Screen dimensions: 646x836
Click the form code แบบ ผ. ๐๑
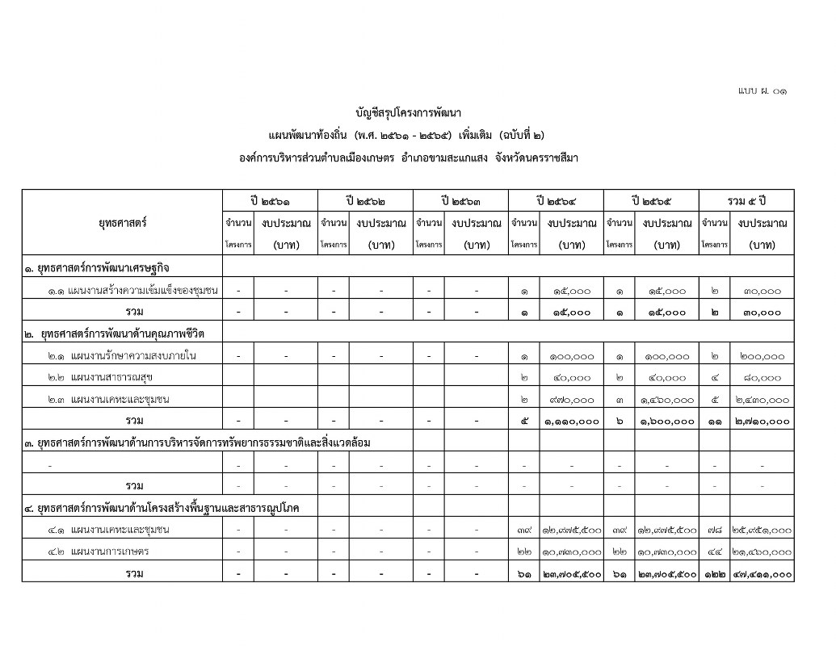point(762,92)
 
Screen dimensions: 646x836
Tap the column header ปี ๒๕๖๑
point(270,199)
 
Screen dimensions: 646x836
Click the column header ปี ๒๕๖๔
point(556,199)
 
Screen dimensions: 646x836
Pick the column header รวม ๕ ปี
point(746,199)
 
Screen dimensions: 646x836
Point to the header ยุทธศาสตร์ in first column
point(122,222)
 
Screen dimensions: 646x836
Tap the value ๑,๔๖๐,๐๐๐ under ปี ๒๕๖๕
point(666,399)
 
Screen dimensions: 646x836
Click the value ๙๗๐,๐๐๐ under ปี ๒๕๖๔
point(572,399)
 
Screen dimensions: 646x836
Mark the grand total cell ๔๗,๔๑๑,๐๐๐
point(761,574)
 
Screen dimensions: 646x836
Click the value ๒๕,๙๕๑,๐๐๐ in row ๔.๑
point(761,531)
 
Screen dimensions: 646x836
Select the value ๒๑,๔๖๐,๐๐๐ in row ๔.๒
point(761,552)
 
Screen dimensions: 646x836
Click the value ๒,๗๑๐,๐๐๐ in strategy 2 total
point(761,421)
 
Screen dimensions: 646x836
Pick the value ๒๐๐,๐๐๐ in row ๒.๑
point(761,355)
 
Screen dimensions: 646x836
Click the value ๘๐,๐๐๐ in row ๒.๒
point(761,377)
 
